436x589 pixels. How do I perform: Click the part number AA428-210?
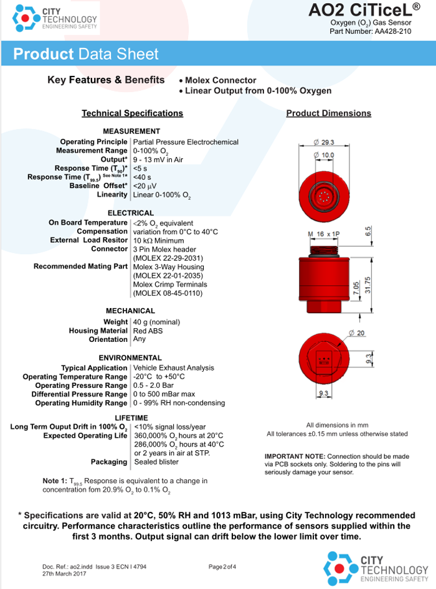[393, 32]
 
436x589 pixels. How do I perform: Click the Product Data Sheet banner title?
[86, 54]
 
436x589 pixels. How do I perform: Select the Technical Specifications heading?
[132, 113]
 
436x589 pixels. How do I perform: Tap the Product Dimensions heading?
[328, 113]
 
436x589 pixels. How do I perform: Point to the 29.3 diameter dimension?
[324, 143]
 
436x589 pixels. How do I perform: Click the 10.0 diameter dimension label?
[324, 155]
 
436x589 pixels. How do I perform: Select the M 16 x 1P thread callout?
[324, 234]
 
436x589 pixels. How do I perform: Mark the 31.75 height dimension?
[367, 285]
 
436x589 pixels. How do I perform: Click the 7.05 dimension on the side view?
[356, 289]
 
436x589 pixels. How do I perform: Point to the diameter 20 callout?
[357, 333]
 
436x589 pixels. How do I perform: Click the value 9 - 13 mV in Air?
[158, 159]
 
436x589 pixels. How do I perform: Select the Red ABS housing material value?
[148, 331]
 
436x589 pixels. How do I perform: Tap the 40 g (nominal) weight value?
[156, 323]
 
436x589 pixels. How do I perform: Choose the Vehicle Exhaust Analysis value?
[174, 368]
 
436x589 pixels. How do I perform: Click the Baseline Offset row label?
[98, 186]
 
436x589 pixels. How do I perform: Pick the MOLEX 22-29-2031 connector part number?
[168, 258]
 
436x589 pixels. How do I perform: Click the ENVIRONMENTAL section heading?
[130, 358]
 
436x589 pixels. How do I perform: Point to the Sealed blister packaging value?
[156, 462]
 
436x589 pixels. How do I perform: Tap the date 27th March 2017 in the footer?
[64, 574]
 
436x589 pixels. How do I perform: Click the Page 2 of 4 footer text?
[222, 567]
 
